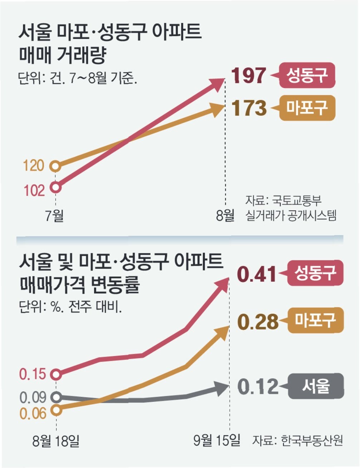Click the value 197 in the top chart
click(x=249, y=75)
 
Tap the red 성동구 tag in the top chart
click(x=307, y=75)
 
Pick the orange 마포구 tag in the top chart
click(x=307, y=108)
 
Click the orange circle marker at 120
click(x=55, y=166)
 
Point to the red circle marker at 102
click(x=55, y=187)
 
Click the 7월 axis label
click(x=54, y=215)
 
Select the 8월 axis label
click(x=225, y=215)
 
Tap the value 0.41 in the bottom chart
click(x=257, y=274)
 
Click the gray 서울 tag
click(x=316, y=386)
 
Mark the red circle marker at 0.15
click(x=56, y=375)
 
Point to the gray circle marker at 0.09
click(x=56, y=397)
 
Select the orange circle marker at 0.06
click(x=56, y=410)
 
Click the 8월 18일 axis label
click(x=55, y=441)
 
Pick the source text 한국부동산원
click(x=312, y=440)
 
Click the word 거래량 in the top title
click(x=81, y=55)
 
